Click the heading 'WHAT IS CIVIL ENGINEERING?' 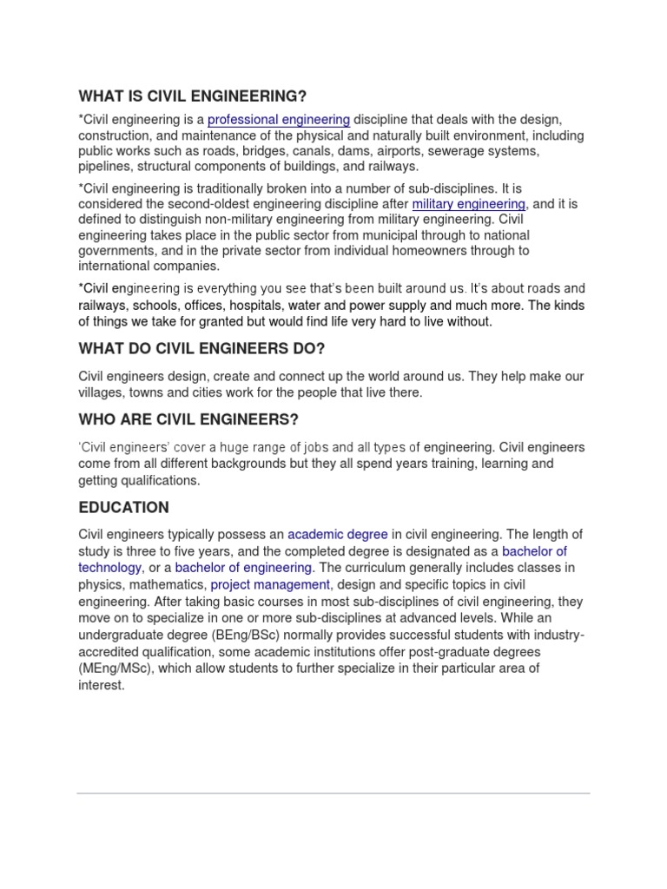coord(193,95)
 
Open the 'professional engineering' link coord(279,120)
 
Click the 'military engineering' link coord(469,204)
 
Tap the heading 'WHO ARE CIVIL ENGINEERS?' coord(188,420)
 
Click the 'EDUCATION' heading coord(123,507)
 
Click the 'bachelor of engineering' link coord(243,568)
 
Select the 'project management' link coord(270,584)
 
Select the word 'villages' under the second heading coord(102,392)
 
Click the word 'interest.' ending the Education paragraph coord(102,684)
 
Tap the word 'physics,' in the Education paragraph coord(101,584)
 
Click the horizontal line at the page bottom coord(333,793)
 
